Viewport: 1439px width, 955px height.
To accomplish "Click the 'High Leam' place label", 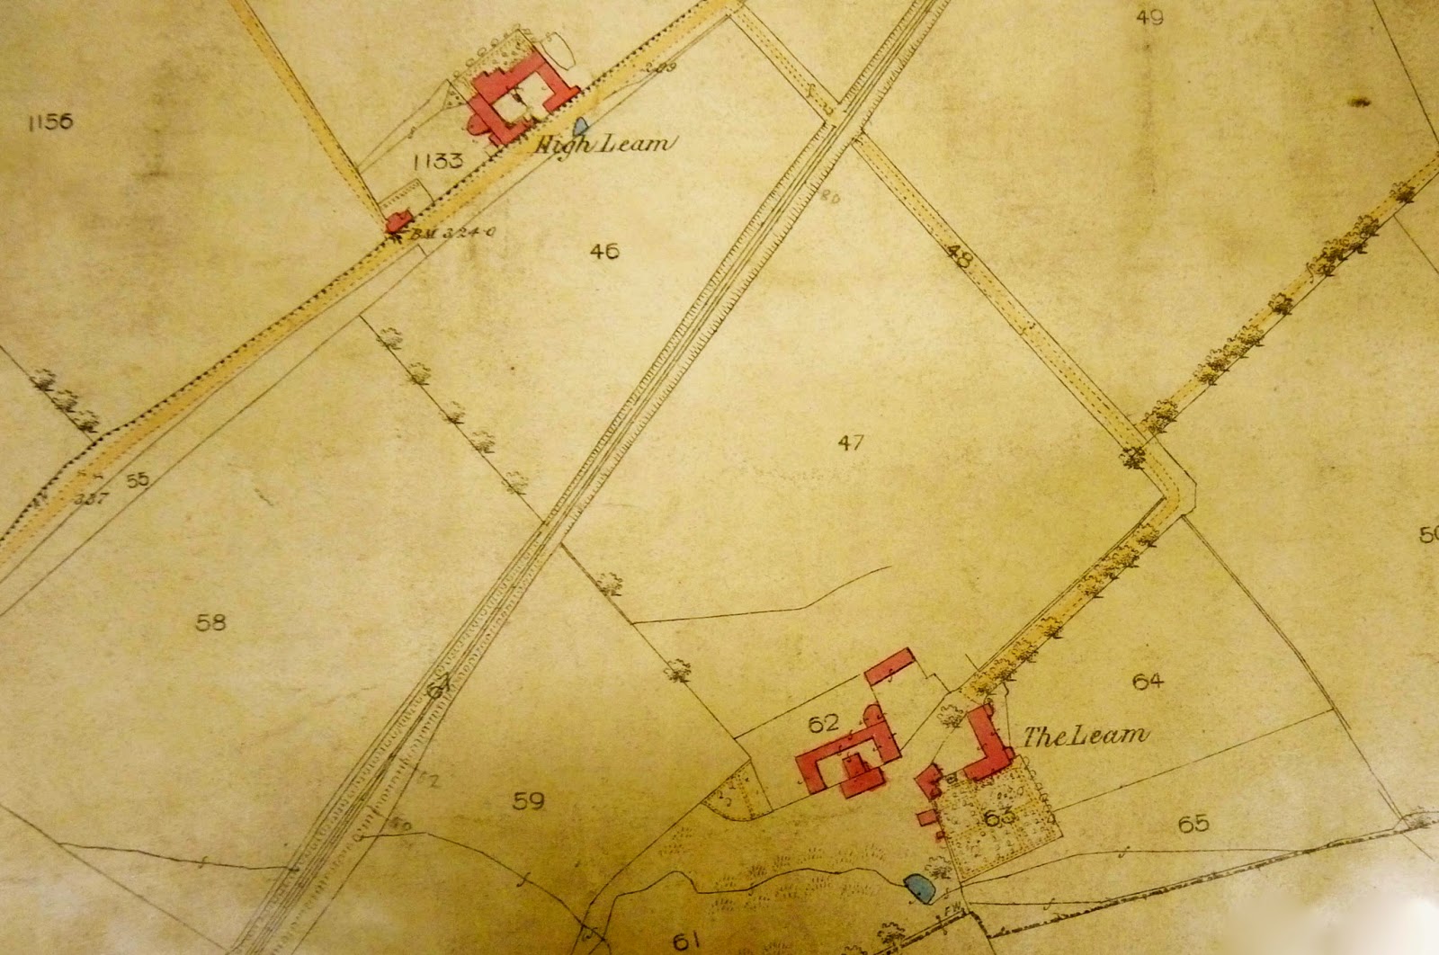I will coord(603,143).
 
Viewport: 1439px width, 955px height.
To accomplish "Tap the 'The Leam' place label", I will coord(1086,736).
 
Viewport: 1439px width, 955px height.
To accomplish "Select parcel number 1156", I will coord(50,121).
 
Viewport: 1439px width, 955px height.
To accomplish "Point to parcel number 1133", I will coord(437,162).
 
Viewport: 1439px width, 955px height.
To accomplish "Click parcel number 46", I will coord(604,251).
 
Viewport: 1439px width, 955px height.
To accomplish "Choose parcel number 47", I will coord(850,442).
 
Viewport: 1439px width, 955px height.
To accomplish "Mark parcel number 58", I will coord(210,621).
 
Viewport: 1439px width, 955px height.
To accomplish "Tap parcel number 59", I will coord(528,799).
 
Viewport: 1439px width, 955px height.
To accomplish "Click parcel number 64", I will coord(1149,681).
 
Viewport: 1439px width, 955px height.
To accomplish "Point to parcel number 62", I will coord(823,722).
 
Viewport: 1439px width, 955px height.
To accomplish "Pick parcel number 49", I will coord(1149,16).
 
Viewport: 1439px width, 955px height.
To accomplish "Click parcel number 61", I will coord(685,941).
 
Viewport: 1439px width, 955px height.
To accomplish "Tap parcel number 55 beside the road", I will coord(137,480).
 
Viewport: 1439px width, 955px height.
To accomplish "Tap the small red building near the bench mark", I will coord(398,221).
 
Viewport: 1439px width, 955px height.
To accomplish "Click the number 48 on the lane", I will coord(960,260).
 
